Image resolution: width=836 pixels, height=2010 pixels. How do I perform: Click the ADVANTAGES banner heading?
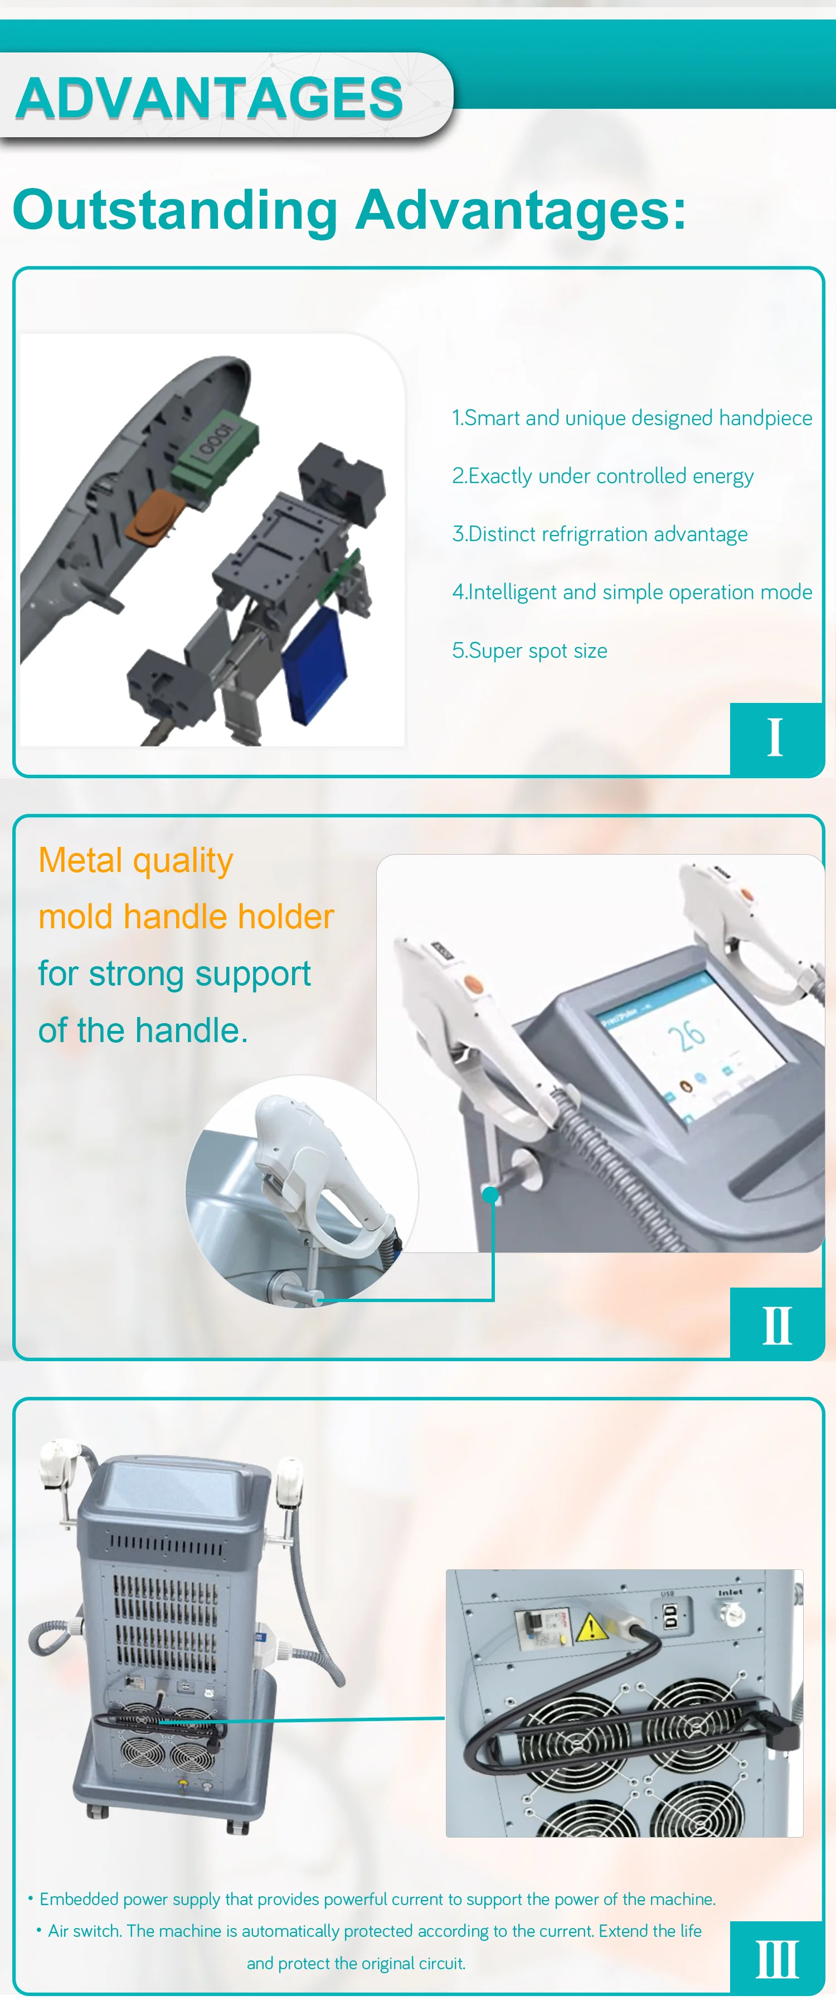(209, 98)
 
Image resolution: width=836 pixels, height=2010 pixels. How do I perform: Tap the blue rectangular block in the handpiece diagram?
(313, 666)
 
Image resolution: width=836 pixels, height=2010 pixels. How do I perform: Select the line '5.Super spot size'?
(529, 650)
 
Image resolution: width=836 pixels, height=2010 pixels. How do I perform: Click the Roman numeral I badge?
(775, 738)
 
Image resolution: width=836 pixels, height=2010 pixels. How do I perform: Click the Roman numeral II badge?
(777, 1325)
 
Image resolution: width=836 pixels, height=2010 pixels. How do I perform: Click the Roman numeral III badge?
(777, 1959)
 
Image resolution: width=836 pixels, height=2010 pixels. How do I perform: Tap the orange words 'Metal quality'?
(135, 861)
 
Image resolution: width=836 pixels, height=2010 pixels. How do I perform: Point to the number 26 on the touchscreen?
(686, 1035)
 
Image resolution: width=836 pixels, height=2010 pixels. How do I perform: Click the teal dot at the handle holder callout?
(490, 1194)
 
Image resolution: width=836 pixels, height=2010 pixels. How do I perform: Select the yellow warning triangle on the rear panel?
(591, 1627)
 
